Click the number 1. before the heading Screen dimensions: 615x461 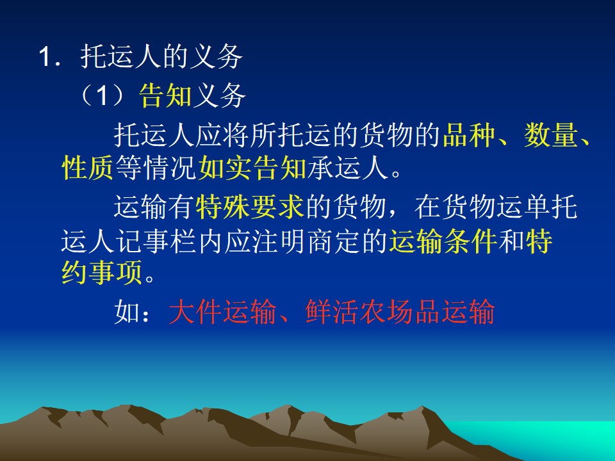(50, 57)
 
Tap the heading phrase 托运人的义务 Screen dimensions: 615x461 (161, 57)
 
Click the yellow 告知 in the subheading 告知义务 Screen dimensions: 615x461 (165, 95)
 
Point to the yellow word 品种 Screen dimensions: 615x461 (469, 135)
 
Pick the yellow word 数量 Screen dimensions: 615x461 (550, 135)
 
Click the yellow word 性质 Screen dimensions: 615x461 (88, 168)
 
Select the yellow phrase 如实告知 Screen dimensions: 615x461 (252, 168)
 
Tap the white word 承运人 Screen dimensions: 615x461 (347, 168)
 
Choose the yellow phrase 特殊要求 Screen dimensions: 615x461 (250, 207)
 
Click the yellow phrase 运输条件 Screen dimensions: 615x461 (443, 241)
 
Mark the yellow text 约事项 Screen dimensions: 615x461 (102, 273)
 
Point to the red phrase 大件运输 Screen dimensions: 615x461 (222, 312)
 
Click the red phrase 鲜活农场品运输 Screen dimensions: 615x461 (400, 312)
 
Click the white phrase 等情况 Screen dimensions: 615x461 (156, 168)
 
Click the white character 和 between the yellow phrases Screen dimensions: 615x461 (511, 241)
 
